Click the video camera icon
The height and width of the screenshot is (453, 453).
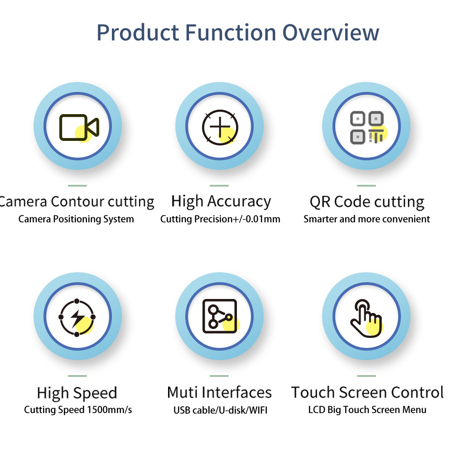79,127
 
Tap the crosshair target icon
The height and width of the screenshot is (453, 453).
220,127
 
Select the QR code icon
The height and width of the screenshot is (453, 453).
367,127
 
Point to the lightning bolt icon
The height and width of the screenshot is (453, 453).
77,318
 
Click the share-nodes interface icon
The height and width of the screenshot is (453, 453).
220,316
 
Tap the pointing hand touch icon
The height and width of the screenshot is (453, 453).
366,318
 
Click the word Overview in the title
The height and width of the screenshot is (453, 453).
331,33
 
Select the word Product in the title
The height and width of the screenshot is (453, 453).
138,33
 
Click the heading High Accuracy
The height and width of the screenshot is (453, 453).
221,202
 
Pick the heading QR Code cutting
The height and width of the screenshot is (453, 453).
367,202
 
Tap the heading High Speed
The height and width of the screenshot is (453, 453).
77,393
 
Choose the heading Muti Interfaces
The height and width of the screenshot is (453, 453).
220,392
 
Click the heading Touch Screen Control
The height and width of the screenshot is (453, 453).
367,392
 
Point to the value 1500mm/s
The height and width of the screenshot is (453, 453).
110,410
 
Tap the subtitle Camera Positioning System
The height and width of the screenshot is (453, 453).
76,219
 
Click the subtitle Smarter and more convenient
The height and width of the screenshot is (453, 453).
366,219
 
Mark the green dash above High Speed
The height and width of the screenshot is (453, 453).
77,376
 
